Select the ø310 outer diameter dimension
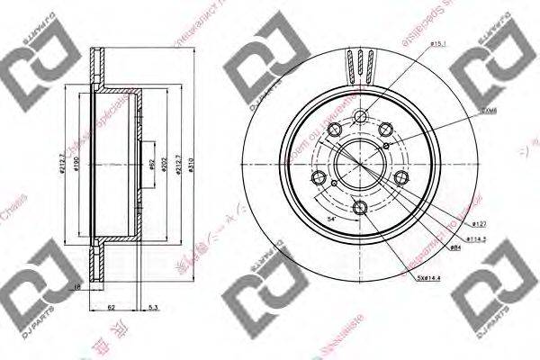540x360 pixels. pyautogui.click(x=193, y=167)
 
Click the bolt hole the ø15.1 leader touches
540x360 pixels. pyautogui.click(x=361, y=116)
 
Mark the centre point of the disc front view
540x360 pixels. pyautogui.click(x=360, y=164)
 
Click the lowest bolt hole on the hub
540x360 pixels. pyautogui.click(x=361, y=210)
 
